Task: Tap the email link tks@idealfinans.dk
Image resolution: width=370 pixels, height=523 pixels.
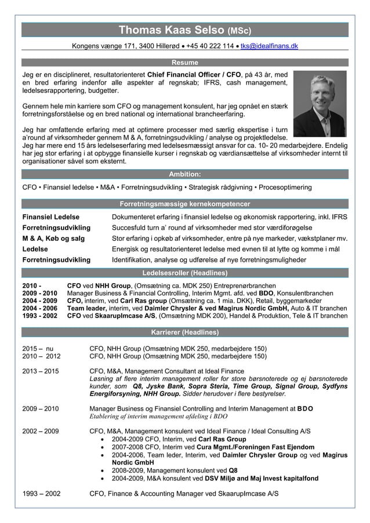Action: pyautogui.click(x=269, y=46)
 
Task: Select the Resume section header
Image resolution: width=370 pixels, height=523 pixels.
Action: pyautogui.click(x=185, y=63)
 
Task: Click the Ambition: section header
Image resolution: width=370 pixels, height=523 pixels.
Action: pyautogui.click(x=185, y=174)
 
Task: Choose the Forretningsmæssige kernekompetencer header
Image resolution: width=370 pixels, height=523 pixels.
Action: pyautogui.click(x=185, y=204)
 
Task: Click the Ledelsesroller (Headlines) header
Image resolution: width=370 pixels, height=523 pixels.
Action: pyautogui.click(x=185, y=272)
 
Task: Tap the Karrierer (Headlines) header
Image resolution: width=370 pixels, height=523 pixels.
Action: pyautogui.click(x=185, y=332)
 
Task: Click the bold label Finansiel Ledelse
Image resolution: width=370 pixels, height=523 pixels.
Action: pyautogui.click(x=50, y=217)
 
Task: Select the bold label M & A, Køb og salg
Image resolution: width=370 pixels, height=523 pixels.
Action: pyautogui.click(x=53, y=238)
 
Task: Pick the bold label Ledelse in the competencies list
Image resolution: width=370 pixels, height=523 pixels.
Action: pyautogui.click(x=35, y=249)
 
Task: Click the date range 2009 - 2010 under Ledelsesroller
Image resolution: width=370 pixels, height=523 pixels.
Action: pyautogui.click(x=39, y=294)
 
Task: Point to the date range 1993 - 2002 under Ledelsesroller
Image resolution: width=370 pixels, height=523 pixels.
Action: pyautogui.click(x=39, y=316)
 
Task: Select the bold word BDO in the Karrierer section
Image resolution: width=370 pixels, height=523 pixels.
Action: pyautogui.click(x=305, y=408)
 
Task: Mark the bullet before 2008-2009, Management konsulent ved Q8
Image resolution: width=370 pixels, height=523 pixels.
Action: pyautogui.click(x=103, y=470)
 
